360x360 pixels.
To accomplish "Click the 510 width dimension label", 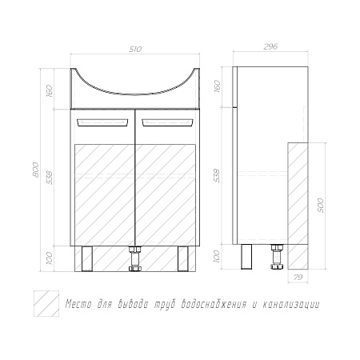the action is pyautogui.click(x=135, y=50).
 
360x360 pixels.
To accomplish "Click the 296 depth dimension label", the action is pyautogui.click(x=270, y=46).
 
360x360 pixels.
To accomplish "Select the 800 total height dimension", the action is pyautogui.click(x=35, y=170).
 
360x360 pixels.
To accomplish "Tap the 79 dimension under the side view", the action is pyautogui.click(x=298, y=278).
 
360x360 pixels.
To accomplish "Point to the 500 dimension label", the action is pyautogui.click(x=321, y=206).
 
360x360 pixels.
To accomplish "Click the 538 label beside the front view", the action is pyautogui.click(x=50, y=177).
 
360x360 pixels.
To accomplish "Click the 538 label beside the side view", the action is pyautogui.click(x=218, y=175).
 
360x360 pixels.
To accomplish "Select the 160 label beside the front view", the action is pyautogui.click(x=50, y=90).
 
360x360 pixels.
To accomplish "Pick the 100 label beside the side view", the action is pyautogui.click(x=218, y=256).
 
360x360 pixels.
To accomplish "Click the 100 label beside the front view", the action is pyautogui.click(x=50, y=258).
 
